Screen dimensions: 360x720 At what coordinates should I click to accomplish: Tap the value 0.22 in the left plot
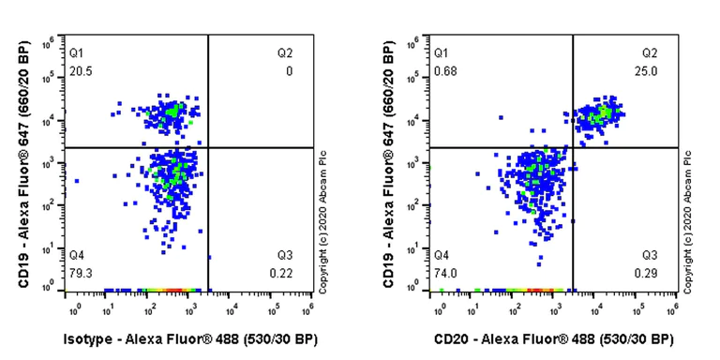(285, 272)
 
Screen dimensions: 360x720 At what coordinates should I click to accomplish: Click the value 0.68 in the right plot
(444, 71)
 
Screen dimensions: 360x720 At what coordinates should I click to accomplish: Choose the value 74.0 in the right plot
(444, 272)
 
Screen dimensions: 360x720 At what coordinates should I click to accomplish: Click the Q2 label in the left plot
(285, 53)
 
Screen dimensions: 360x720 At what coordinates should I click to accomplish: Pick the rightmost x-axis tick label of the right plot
(672, 308)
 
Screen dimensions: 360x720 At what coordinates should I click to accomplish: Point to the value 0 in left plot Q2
(289, 71)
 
